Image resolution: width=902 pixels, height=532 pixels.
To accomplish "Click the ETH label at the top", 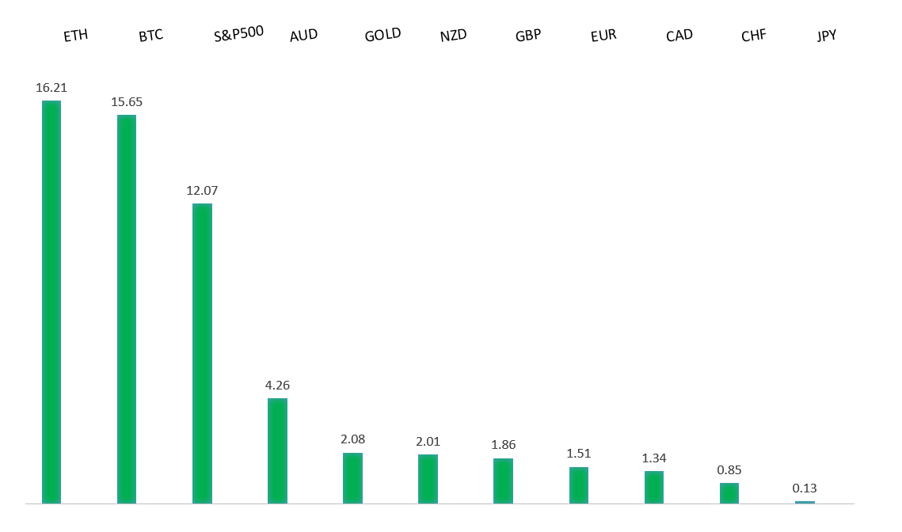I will tap(76, 36).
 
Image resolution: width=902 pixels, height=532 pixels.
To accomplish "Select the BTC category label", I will tap(150, 36).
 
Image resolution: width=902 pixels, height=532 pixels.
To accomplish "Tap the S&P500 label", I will tap(238, 34).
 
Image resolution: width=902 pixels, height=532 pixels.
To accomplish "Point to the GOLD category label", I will tap(382, 35).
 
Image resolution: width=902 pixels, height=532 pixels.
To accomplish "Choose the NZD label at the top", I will tap(454, 36).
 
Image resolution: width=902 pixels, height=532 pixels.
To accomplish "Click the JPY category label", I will tap(827, 36).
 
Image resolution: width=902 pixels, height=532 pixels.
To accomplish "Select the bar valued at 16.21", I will tap(51, 302).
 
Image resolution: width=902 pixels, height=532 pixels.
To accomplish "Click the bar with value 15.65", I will tap(127, 309).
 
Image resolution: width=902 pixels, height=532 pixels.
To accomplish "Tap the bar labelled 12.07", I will tap(202, 353).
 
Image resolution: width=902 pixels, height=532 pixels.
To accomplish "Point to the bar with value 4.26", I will tap(277, 450).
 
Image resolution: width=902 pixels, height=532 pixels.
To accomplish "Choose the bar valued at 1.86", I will tap(503, 481).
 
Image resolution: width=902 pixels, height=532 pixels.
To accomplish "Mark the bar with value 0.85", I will tap(729, 492).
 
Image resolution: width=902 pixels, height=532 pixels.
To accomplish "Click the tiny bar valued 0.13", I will tap(805, 502).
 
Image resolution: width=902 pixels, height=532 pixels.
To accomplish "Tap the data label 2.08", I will tap(352, 439).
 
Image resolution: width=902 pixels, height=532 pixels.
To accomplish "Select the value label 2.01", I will tap(428, 441).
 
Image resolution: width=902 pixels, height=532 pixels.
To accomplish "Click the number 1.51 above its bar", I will tap(579, 454).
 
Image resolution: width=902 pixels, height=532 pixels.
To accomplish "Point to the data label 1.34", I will tap(654, 458).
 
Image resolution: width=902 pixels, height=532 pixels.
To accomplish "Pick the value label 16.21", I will tap(51, 87).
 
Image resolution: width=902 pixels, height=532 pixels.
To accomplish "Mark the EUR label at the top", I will tap(603, 36).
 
